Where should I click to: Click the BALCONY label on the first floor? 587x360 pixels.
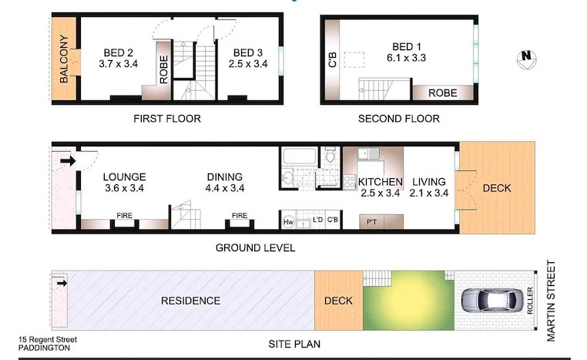click(64, 60)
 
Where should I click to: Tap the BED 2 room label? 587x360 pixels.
click(119, 53)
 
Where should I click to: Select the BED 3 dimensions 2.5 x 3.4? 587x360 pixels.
click(248, 65)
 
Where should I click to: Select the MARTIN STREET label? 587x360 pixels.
click(572, 301)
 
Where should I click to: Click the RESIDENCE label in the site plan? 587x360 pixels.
click(191, 301)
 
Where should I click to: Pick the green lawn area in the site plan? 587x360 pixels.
click(408, 301)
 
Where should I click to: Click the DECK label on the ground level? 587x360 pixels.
click(496, 188)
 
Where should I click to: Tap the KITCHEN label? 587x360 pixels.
click(381, 182)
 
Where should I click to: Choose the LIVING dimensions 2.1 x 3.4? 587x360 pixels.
click(428, 193)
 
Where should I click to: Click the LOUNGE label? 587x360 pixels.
click(124, 177)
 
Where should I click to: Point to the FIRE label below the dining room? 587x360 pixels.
click(240, 216)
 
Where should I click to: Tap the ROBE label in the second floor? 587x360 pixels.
click(442, 93)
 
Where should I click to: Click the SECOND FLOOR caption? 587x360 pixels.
click(399, 119)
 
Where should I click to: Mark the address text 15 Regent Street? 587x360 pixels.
click(48, 339)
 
